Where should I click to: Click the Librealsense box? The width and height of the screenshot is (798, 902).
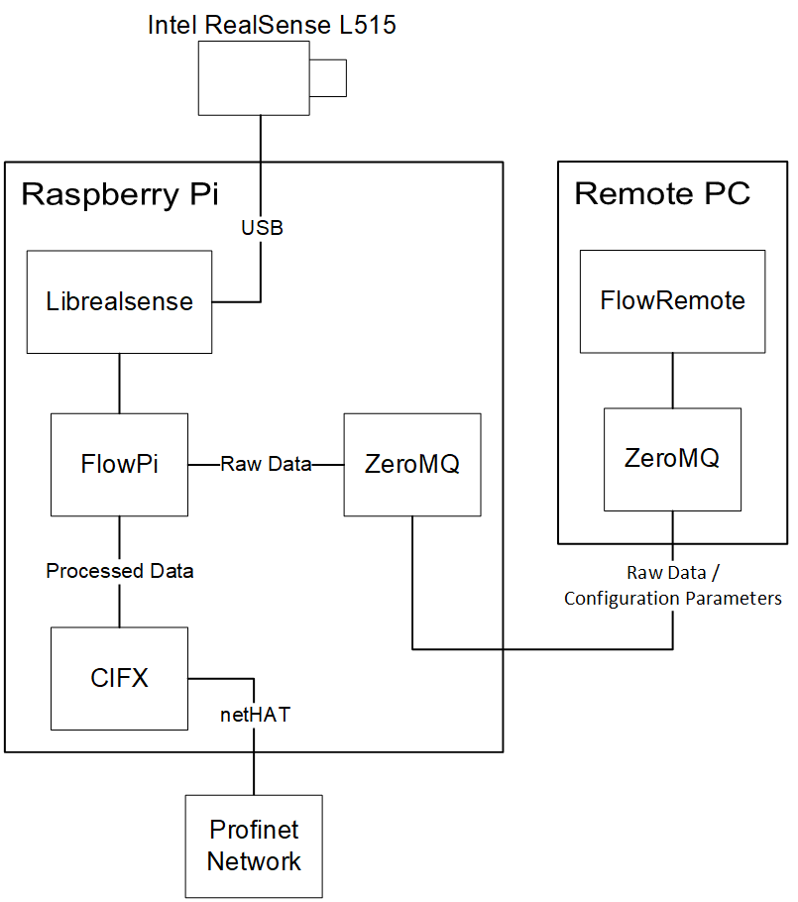(x=119, y=301)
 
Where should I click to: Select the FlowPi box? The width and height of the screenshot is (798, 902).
(x=119, y=464)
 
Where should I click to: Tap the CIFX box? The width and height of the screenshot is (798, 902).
(x=119, y=678)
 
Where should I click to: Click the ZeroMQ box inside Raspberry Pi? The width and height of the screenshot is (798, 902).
(x=411, y=464)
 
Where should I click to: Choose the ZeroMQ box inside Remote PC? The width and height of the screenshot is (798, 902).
(x=672, y=458)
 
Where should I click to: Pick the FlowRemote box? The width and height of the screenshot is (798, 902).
(x=672, y=300)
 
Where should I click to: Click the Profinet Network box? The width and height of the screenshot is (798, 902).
(x=254, y=846)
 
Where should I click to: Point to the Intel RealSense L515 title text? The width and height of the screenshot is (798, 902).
(x=272, y=25)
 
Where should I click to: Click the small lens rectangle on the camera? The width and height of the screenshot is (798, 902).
(x=329, y=78)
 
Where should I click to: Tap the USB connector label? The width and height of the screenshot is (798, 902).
(x=262, y=228)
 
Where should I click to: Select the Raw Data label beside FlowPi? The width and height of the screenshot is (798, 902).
(x=265, y=463)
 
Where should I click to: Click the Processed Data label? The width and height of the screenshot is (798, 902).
(x=120, y=571)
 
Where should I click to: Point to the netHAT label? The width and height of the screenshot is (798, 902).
(x=255, y=714)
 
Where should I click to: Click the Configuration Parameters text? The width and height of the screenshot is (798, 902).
(x=672, y=598)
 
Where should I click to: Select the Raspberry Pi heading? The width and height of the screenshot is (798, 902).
(x=122, y=194)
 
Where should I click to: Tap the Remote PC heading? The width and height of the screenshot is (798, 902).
(x=661, y=193)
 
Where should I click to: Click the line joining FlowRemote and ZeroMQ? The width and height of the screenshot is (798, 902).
(x=672, y=380)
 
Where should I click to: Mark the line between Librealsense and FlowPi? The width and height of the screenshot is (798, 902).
(x=119, y=383)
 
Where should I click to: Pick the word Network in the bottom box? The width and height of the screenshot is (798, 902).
(x=254, y=860)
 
